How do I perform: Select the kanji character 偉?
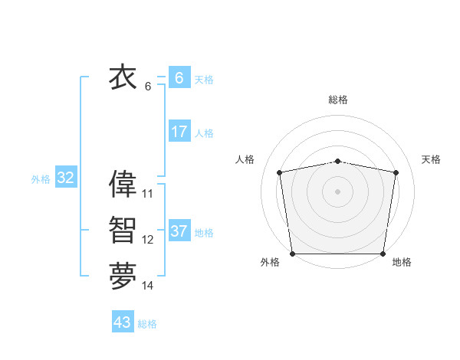click(x=123, y=185)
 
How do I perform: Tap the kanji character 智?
click(x=123, y=231)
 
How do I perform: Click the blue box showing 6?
click(x=179, y=78)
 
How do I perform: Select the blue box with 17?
click(x=179, y=132)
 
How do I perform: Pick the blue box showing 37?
click(x=179, y=231)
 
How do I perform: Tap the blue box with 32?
click(x=65, y=178)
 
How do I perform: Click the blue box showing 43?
click(x=123, y=322)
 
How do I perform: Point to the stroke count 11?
click(x=148, y=194)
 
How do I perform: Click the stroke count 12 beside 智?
click(x=148, y=240)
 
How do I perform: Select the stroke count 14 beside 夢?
click(x=148, y=286)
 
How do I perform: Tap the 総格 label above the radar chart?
click(x=338, y=100)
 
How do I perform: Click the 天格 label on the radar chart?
click(x=432, y=159)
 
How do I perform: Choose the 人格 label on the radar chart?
click(x=245, y=159)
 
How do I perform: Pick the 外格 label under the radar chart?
click(x=270, y=263)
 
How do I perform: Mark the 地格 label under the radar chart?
click(x=402, y=263)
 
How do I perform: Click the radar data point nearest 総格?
click(x=338, y=162)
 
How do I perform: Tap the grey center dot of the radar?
click(x=338, y=191)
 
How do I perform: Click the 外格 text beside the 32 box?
click(x=41, y=179)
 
